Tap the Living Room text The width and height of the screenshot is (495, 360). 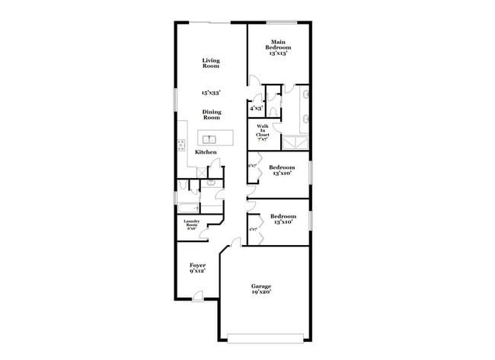(x=211, y=63)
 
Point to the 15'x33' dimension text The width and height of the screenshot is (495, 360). (x=211, y=92)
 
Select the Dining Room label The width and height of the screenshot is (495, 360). (x=211, y=115)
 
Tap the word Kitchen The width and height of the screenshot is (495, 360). (x=206, y=152)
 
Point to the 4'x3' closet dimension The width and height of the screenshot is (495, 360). (x=257, y=109)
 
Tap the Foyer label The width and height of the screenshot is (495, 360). (x=197, y=267)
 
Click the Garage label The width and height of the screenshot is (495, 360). (x=261, y=286)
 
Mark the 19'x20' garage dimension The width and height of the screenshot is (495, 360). (x=261, y=292)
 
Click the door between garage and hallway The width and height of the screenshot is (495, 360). (x=235, y=243)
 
